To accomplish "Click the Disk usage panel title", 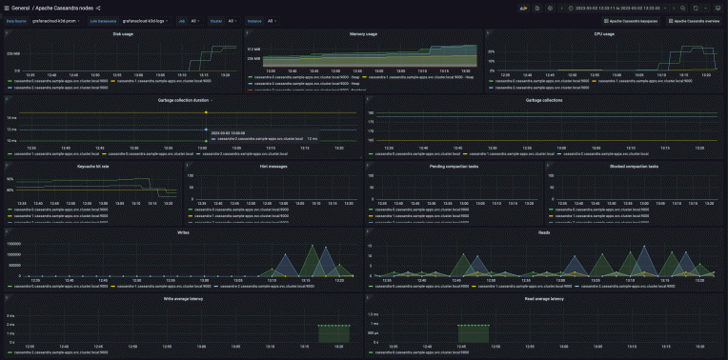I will (x=122, y=33).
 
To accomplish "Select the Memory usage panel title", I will (x=363, y=33).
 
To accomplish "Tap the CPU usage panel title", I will (x=604, y=33).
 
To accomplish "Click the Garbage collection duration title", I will (x=182, y=99).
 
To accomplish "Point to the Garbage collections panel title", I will (x=544, y=99).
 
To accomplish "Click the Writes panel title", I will (x=183, y=231).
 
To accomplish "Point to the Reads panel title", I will (x=544, y=231).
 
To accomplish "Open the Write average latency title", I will (x=183, y=298).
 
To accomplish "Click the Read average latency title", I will (x=544, y=298).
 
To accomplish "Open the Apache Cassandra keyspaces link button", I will (x=635, y=20).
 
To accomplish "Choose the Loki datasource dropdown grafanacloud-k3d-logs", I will (x=146, y=20).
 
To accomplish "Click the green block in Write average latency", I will (x=334, y=333).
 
